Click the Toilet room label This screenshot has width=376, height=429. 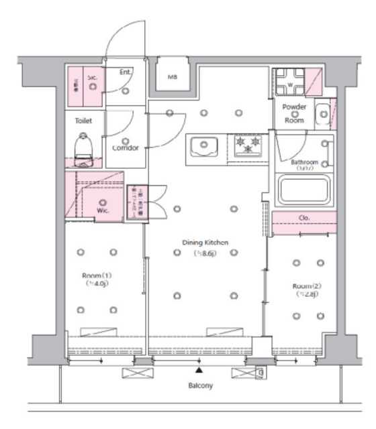tap(83, 121)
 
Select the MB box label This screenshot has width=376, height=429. tap(172, 77)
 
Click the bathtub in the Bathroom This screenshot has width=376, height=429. tap(304, 190)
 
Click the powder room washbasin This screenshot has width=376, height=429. tap(323, 115)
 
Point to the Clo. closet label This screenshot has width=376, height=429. tap(303, 219)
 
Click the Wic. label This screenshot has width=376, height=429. tap(103, 210)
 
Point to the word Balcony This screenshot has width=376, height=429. tap(200, 386)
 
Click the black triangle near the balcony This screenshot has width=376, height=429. tap(199, 369)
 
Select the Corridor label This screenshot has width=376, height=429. tap(126, 147)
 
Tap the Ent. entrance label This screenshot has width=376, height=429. tap(126, 72)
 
